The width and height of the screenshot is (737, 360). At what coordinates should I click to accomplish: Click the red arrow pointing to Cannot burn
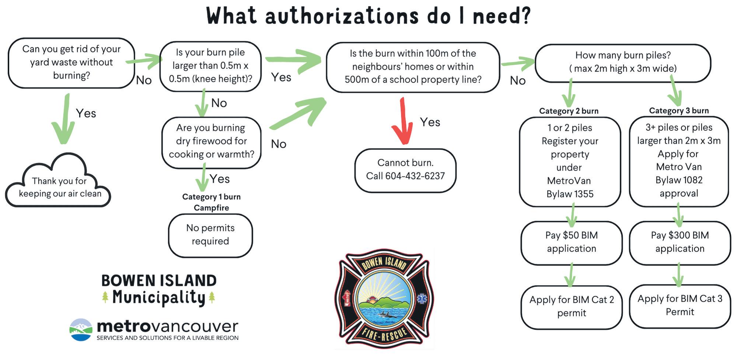coord(402,122)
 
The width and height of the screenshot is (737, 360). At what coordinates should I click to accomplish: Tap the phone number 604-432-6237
coord(415,176)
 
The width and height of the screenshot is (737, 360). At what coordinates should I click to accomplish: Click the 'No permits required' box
coord(210,235)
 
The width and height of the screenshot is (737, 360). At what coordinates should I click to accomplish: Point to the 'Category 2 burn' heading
coord(569,111)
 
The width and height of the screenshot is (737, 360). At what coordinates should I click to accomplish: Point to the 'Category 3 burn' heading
coord(679,111)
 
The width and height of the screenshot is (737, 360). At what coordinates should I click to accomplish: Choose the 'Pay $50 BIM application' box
coord(571,242)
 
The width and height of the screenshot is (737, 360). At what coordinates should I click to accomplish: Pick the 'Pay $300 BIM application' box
coord(680,242)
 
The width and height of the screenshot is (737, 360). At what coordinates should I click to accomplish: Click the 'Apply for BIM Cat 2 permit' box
coord(571,306)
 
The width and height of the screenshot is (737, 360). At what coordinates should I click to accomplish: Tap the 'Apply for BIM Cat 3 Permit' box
coord(680,305)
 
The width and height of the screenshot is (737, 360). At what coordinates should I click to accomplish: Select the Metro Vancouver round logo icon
coord(81,329)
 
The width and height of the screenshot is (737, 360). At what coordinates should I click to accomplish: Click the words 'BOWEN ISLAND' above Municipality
coord(159,281)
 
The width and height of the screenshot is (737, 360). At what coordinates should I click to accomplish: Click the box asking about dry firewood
coord(211,141)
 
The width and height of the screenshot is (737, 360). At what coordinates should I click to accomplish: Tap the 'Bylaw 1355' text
coord(570,194)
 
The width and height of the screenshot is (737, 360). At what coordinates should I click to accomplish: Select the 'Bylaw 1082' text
coord(679,180)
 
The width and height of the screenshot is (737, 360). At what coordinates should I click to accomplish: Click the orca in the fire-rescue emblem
coord(388,314)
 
